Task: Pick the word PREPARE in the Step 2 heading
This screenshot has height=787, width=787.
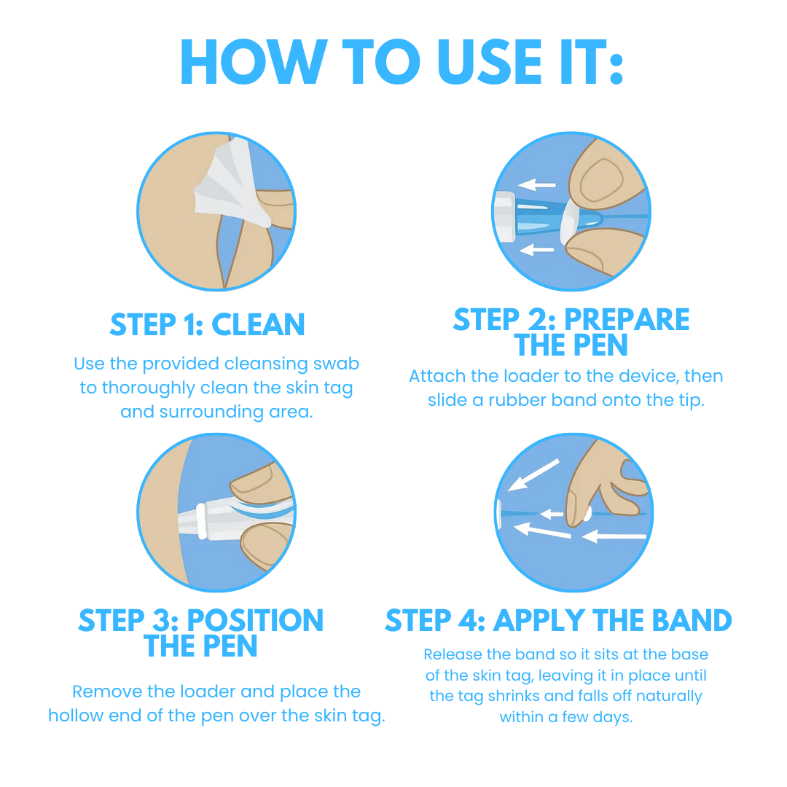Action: (x=627, y=320)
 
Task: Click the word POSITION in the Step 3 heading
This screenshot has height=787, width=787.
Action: (x=255, y=621)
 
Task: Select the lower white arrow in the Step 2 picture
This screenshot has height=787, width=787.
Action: (x=538, y=250)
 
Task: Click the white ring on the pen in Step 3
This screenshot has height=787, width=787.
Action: (x=200, y=520)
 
